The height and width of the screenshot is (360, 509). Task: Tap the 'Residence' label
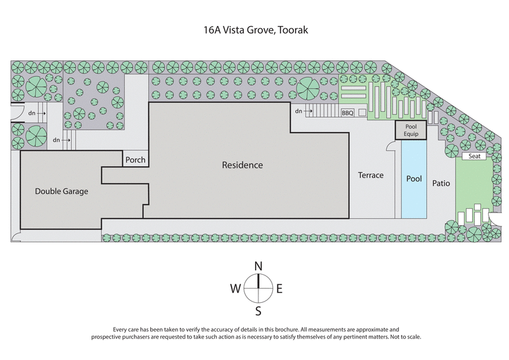tap(242, 165)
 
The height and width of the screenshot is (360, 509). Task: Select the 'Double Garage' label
tap(62, 191)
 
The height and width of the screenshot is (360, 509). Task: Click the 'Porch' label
tap(136, 160)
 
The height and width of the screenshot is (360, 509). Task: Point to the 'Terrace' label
tap(370, 175)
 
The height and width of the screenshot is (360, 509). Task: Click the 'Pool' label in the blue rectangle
tap(414, 179)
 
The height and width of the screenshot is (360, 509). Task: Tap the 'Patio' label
tap(441, 183)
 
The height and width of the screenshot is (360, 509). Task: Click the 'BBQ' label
tap(347, 113)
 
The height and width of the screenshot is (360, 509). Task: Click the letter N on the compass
tap(258, 266)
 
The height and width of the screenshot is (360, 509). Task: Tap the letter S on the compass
tap(258, 310)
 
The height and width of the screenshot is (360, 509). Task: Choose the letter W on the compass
tap(235, 288)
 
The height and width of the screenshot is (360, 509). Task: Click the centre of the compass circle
tap(258, 288)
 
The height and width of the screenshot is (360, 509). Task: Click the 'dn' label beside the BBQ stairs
tap(298, 111)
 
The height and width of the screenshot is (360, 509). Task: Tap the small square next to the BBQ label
tap(361, 113)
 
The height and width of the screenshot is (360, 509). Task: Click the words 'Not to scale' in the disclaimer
tap(403, 336)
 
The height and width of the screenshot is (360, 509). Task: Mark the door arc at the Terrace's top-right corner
tap(390, 147)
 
